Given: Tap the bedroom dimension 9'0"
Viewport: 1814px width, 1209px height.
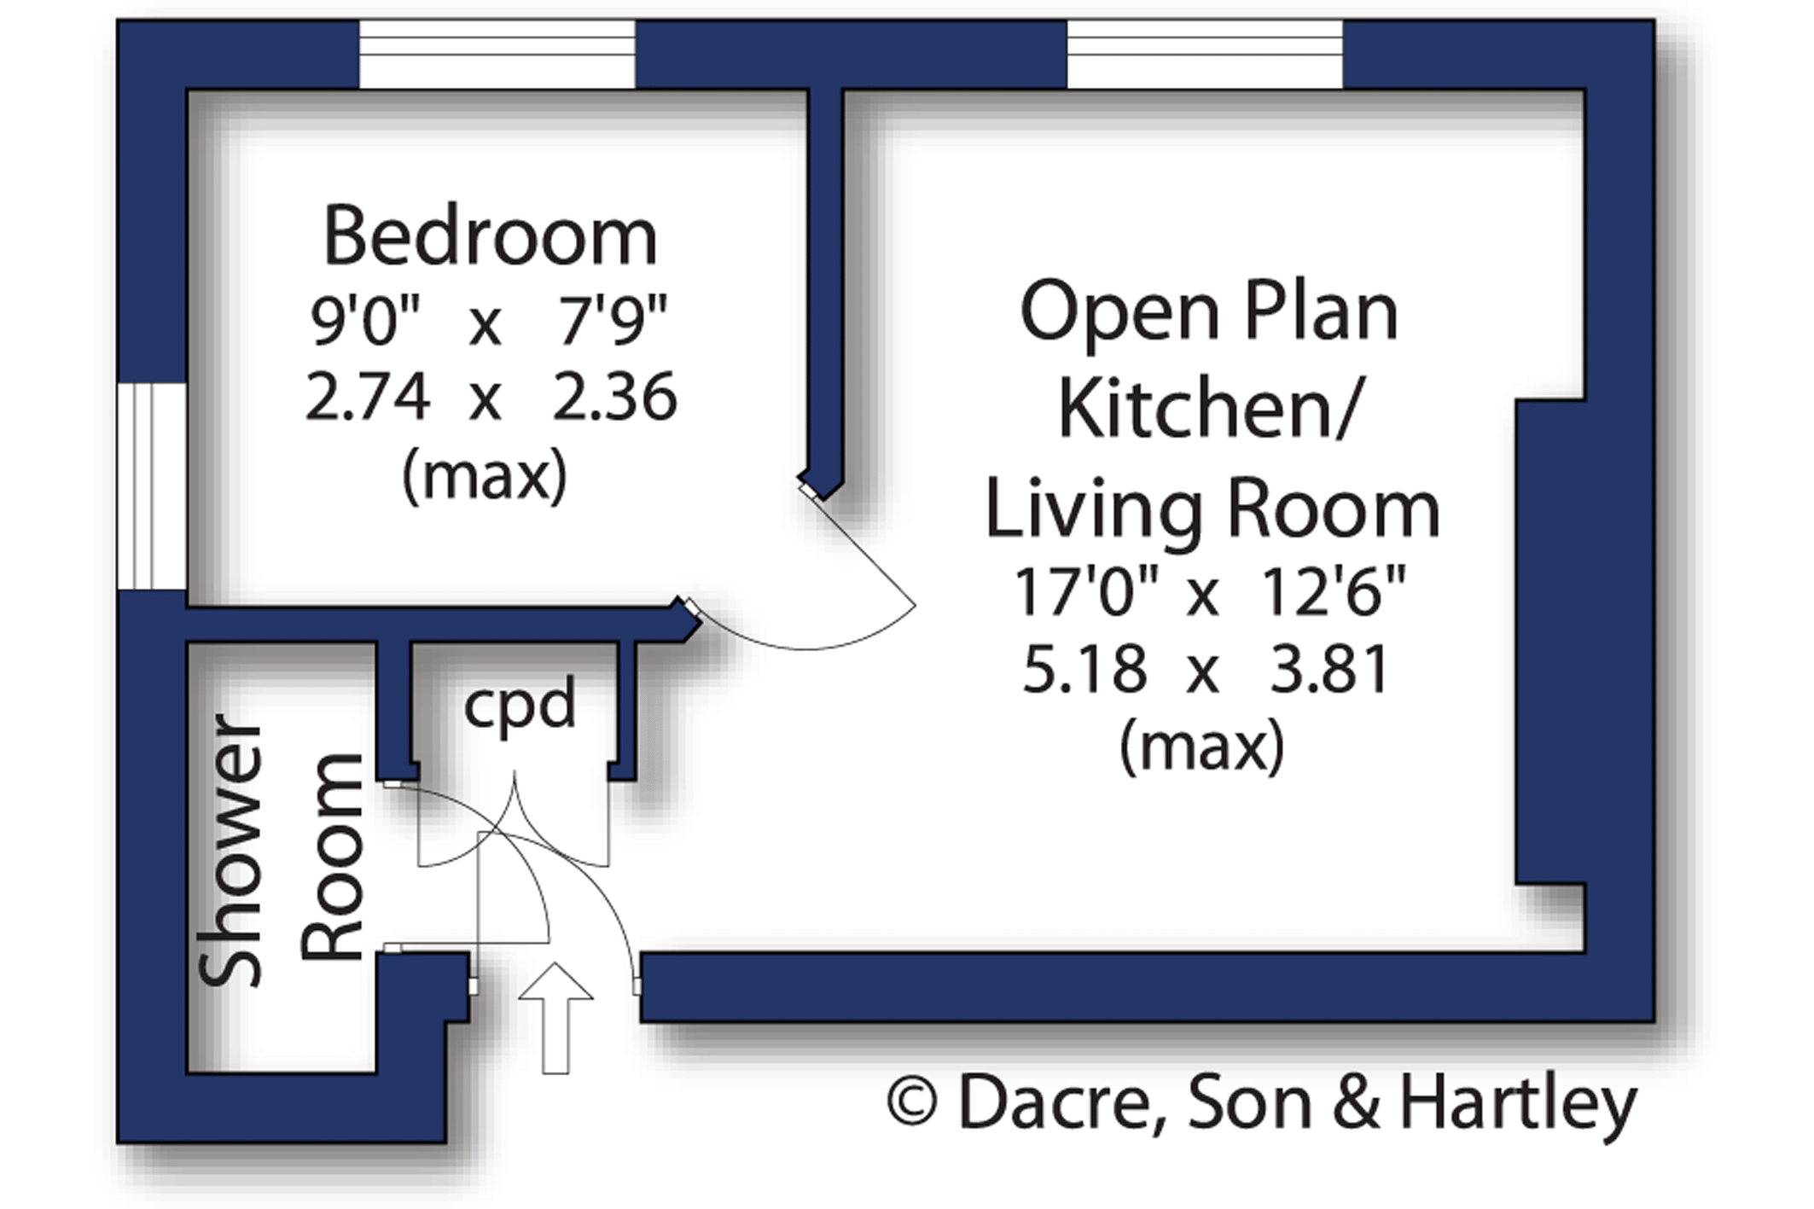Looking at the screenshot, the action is coord(366,322).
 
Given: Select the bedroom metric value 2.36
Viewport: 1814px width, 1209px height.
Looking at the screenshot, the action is coord(614,398).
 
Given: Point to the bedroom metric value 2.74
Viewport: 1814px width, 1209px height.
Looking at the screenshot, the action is coord(367,398).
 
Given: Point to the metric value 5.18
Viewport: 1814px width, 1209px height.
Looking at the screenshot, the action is coord(1085,670).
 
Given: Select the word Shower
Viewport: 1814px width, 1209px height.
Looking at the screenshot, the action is coord(230,851).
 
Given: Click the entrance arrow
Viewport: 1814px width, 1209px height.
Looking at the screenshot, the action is coord(555,1018).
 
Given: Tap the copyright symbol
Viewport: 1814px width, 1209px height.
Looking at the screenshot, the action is coord(912,1103).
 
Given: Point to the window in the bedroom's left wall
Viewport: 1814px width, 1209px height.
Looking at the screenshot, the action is coord(152,486).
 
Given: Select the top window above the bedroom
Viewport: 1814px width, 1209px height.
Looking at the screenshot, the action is coord(497,54).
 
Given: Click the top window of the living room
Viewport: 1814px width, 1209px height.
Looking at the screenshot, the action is coord(1205,54).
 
